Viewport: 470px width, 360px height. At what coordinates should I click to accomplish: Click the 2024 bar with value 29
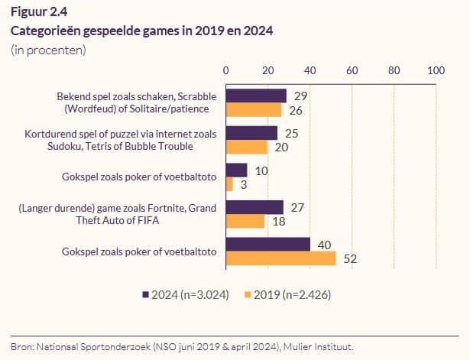pos(256,96)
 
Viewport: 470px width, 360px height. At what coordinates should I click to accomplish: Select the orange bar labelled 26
pos(253,109)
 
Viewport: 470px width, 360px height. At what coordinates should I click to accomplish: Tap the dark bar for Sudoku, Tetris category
pos(251,133)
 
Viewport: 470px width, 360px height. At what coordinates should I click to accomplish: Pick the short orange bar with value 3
pos(229,183)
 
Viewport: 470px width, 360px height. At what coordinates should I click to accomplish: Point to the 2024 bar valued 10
pos(236,170)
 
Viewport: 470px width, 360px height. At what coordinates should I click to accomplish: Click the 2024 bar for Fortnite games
pos(254,207)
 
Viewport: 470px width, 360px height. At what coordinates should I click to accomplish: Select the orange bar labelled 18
pos(245,221)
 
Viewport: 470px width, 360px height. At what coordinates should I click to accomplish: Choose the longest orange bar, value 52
pos(280,258)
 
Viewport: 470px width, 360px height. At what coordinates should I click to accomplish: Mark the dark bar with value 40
pos(267,245)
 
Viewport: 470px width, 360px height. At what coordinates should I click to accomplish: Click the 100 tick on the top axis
pos(436,70)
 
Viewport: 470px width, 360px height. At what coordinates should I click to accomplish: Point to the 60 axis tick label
pos(352,70)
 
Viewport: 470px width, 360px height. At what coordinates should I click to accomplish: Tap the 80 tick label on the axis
pos(394,70)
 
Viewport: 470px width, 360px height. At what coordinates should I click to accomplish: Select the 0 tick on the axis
pos(226,70)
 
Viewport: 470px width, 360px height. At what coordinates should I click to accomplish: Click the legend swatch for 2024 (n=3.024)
pos(146,294)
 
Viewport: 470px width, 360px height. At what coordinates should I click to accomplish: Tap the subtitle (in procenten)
pos(48,50)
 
